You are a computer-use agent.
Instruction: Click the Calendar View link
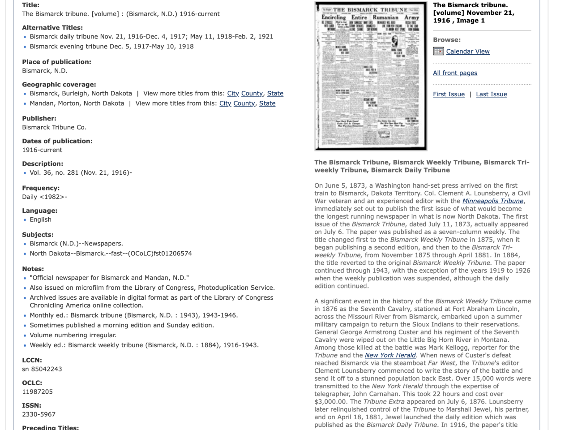click(468, 52)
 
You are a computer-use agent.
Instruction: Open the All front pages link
click(455, 73)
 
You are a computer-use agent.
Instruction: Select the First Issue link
click(449, 94)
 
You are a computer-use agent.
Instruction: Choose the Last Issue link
click(491, 94)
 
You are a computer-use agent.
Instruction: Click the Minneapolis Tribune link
click(493, 201)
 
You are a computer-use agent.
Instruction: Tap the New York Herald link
click(390, 355)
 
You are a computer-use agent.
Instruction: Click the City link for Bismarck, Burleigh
click(233, 93)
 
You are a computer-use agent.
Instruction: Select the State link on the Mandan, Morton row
click(267, 103)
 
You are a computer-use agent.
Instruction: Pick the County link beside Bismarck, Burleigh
click(252, 93)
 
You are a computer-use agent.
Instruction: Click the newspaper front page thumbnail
click(371, 76)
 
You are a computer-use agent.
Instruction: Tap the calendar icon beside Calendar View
click(438, 51)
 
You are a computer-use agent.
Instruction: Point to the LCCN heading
click(32, 360)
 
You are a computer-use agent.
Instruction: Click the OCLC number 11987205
click(37, 391)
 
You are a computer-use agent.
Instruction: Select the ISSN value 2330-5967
click(39, 414)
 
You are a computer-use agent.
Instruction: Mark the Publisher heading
click(39, 118)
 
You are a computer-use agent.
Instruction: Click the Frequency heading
click(41, 188)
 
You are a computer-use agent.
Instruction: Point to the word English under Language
click(40, 219)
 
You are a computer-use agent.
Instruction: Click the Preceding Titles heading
click(50, 427)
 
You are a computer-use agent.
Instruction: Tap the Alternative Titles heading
click(52, 28)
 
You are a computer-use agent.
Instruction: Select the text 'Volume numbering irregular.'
click(73, 335)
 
